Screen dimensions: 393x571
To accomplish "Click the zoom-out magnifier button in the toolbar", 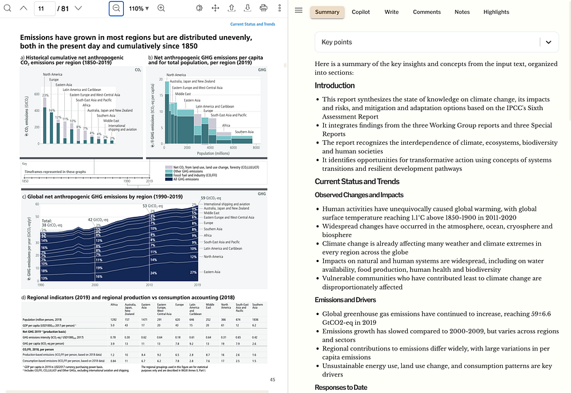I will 116,9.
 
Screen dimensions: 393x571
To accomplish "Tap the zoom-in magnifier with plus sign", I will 161,9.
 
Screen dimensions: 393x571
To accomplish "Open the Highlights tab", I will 496,12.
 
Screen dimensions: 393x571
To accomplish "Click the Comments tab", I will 427,12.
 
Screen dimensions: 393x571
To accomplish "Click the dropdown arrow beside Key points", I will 548,42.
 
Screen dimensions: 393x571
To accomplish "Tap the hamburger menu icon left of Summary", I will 299,12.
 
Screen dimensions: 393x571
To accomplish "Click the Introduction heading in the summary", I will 334,85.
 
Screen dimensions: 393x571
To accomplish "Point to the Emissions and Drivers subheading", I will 346,300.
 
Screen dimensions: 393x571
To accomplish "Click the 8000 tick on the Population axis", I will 256,148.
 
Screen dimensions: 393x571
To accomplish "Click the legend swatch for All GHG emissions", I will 169,179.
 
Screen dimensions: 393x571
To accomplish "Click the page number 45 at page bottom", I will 272,380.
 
